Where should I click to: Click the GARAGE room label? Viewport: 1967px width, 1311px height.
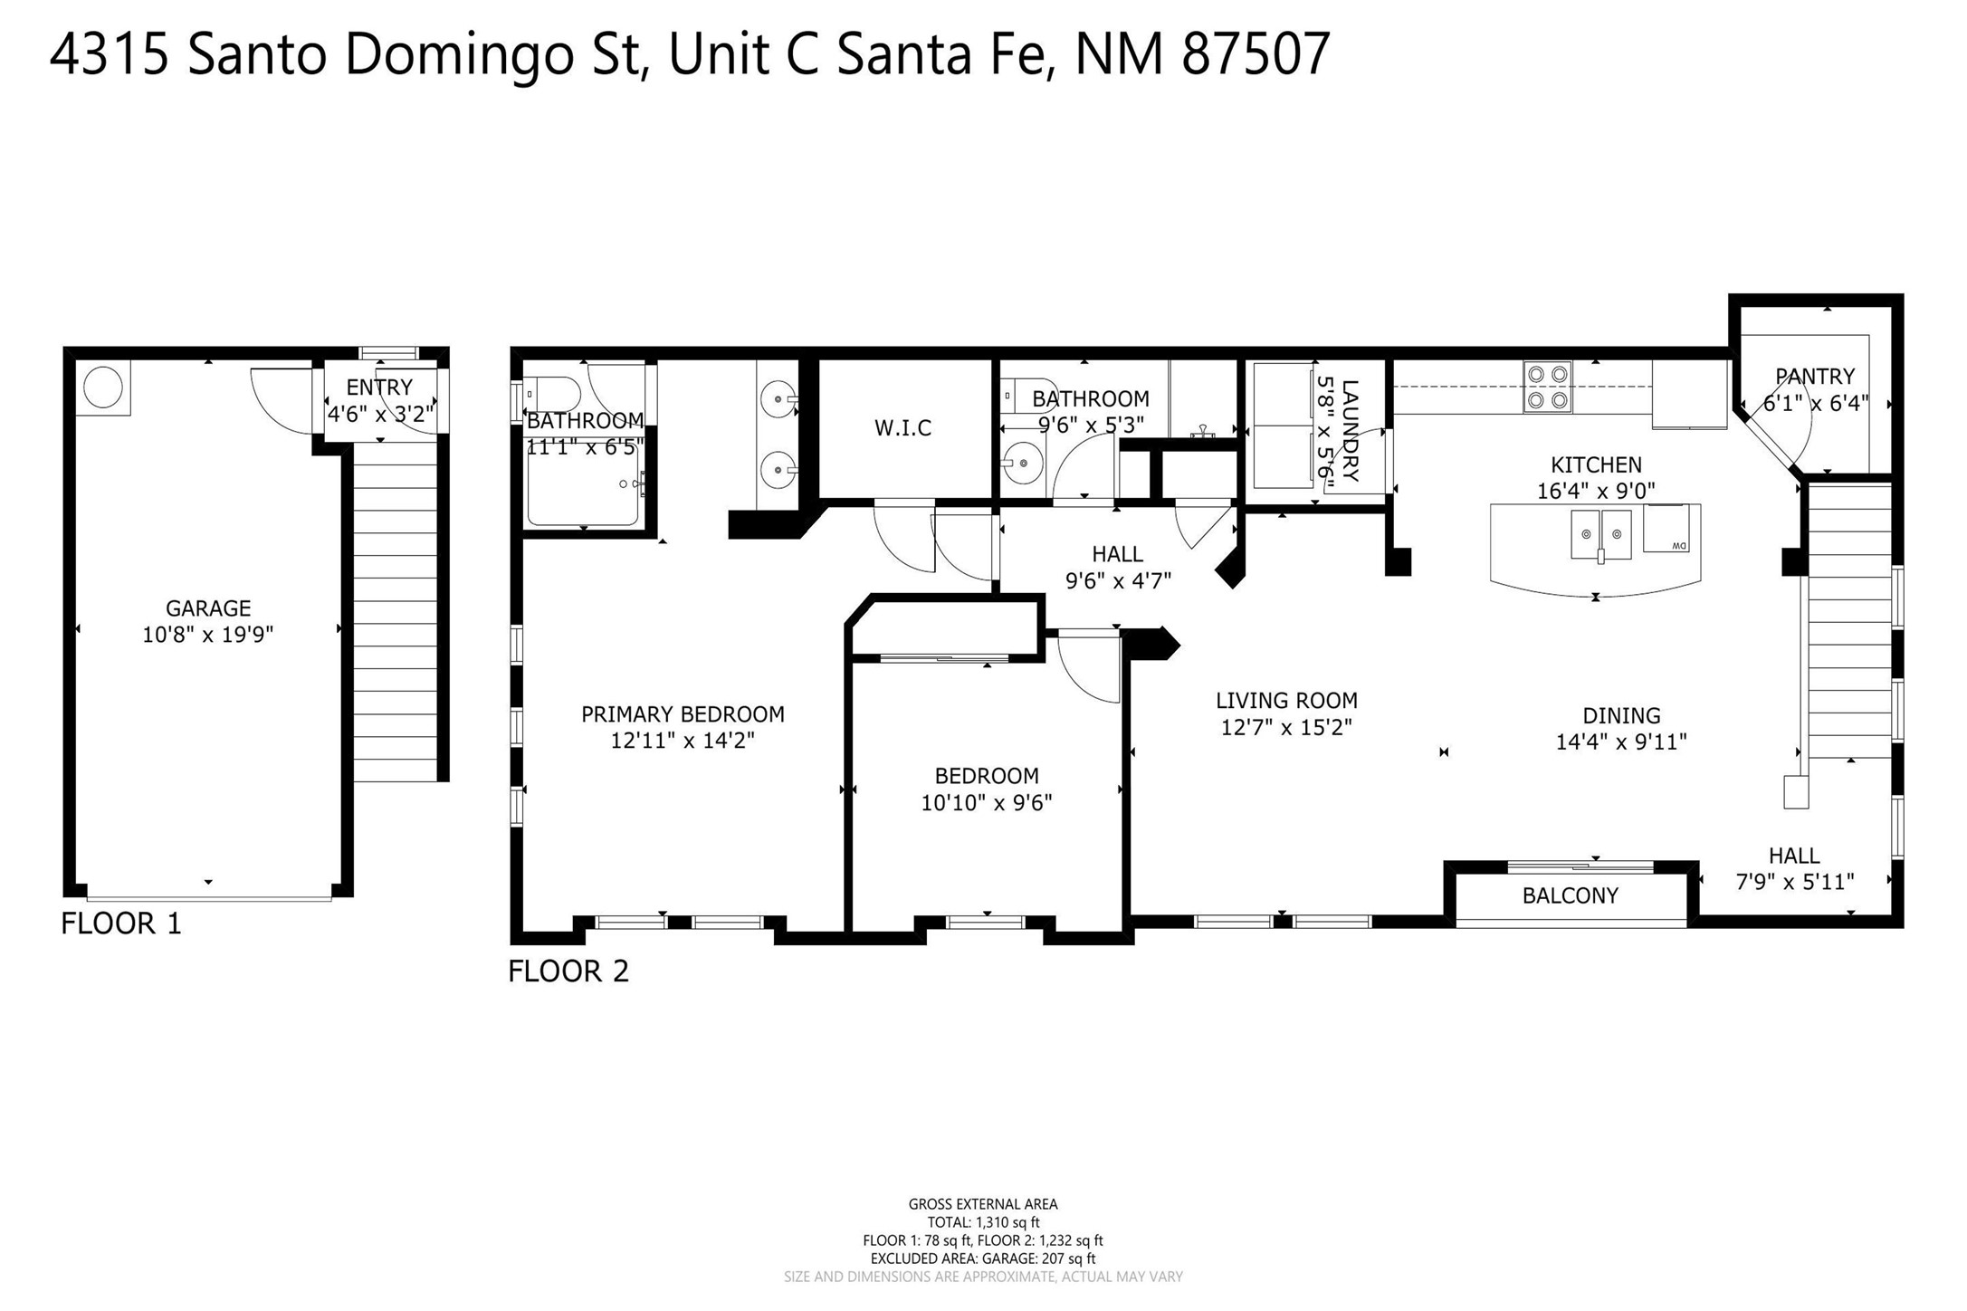tap(207, 608)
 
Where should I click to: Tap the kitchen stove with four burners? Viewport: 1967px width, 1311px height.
tap(1547, 387)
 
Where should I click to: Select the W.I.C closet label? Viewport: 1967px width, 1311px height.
tap(902, 428)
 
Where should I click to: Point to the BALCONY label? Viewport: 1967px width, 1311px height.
tap(1570, 895)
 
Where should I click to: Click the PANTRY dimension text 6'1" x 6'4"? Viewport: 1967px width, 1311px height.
tap(1815, 403)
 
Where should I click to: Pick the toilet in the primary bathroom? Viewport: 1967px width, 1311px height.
tap(552, 395)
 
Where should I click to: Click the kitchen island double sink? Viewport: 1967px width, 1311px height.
tap(1600, 534)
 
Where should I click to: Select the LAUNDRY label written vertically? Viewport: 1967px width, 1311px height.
tap(1350, 430)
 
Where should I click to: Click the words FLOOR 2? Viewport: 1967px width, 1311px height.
tap(568, 971)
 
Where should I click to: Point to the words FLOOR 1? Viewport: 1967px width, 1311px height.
tap(121, 923)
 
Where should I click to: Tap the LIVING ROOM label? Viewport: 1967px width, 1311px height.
tap(1285, 700)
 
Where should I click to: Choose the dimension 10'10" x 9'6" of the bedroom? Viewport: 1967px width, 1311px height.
tap(986, 802)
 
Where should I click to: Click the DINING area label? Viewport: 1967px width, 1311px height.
tap(1620, 715)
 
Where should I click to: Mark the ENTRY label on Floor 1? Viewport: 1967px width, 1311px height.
tap(379, 388)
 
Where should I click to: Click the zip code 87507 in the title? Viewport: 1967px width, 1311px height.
tap(1256, 54)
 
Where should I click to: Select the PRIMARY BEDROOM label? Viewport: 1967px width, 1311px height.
tap(683, 714)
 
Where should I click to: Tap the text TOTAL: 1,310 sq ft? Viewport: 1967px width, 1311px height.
tap(982, 1222)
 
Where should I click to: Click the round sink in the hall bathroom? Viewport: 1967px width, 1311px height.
tap(1023, 463)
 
